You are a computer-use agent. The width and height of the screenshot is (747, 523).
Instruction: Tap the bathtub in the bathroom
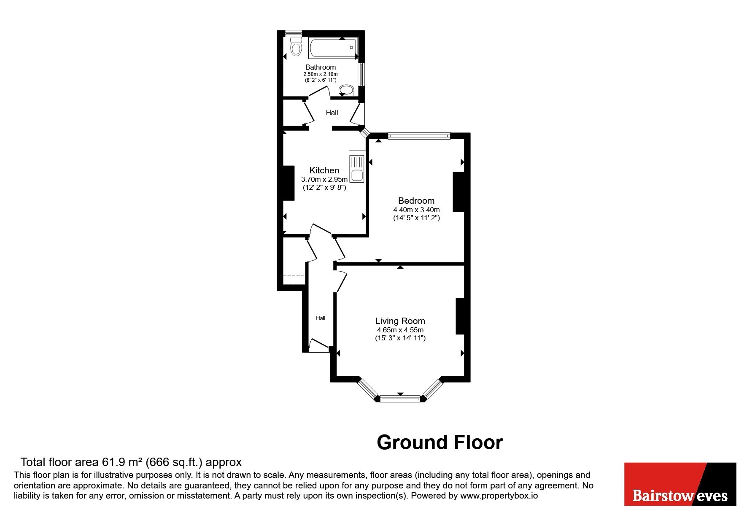coord(333,48)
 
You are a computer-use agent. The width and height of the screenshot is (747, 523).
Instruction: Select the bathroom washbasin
coord(347,90)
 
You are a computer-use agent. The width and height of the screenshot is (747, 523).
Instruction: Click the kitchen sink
coord(357,169)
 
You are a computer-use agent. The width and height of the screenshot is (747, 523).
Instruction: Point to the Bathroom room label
coord(321,67)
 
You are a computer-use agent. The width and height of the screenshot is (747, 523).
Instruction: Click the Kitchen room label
coord(324,170)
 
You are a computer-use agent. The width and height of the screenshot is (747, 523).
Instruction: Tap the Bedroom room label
coord(416,201)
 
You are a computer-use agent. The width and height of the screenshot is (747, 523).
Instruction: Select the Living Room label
coord(400,321)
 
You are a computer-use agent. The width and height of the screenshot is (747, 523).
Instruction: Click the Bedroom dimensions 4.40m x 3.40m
coord(417,210)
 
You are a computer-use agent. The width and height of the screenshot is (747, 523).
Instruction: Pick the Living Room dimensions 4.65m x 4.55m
coord(400,330)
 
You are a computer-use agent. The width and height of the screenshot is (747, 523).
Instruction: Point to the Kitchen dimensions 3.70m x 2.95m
coord(324,179)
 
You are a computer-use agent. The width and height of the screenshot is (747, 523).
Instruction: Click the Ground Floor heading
coord(440,442)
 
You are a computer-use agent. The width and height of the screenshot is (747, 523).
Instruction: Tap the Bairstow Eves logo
coord(680,484)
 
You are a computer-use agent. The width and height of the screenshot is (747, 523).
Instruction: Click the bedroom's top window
coord(419,136)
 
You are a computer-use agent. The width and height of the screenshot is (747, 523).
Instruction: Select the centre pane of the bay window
coord(400,398)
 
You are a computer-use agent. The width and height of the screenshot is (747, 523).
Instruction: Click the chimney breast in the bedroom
coord(458,192)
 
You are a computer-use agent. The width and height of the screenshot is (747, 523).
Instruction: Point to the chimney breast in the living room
coord(460,316)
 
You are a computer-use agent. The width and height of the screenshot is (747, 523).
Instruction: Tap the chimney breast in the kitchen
coord(289,183)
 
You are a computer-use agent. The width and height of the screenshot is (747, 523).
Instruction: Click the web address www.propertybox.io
coord(499,496)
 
